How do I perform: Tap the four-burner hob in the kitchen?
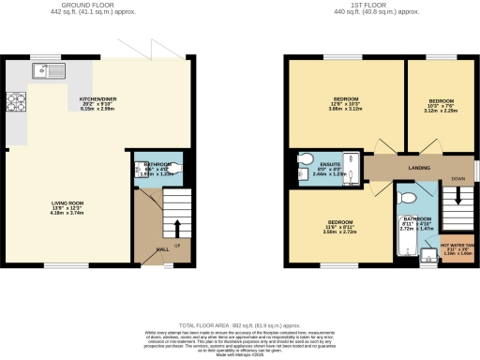(18, 101)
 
